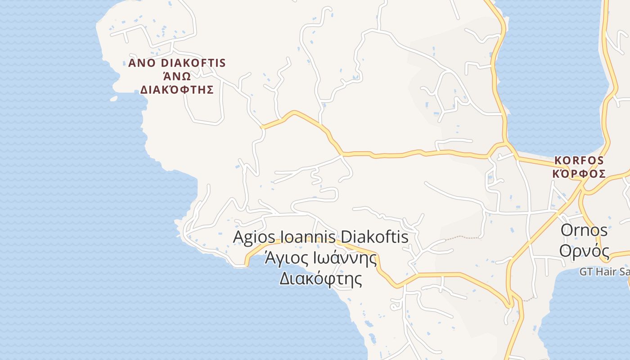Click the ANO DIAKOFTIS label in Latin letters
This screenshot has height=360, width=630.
[x=177, y=63]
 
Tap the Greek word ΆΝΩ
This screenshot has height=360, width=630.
[x=176, y=76]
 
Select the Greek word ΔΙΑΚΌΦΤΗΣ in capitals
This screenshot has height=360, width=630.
[x=177, y=89]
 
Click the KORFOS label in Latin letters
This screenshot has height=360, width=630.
[x=579, y=160]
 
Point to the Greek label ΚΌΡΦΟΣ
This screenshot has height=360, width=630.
[x=579, y=174]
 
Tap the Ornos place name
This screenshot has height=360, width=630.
[x=584, y=230]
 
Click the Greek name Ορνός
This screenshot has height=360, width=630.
[x=584, y=251]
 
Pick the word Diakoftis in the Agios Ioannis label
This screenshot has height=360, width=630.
[x=375, y=237]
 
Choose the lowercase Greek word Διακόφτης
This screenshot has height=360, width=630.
[x=320, y=279]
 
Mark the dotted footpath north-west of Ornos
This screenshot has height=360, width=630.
[x=463, y=237]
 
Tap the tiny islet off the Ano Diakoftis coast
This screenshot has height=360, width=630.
[x=113, y=99]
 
